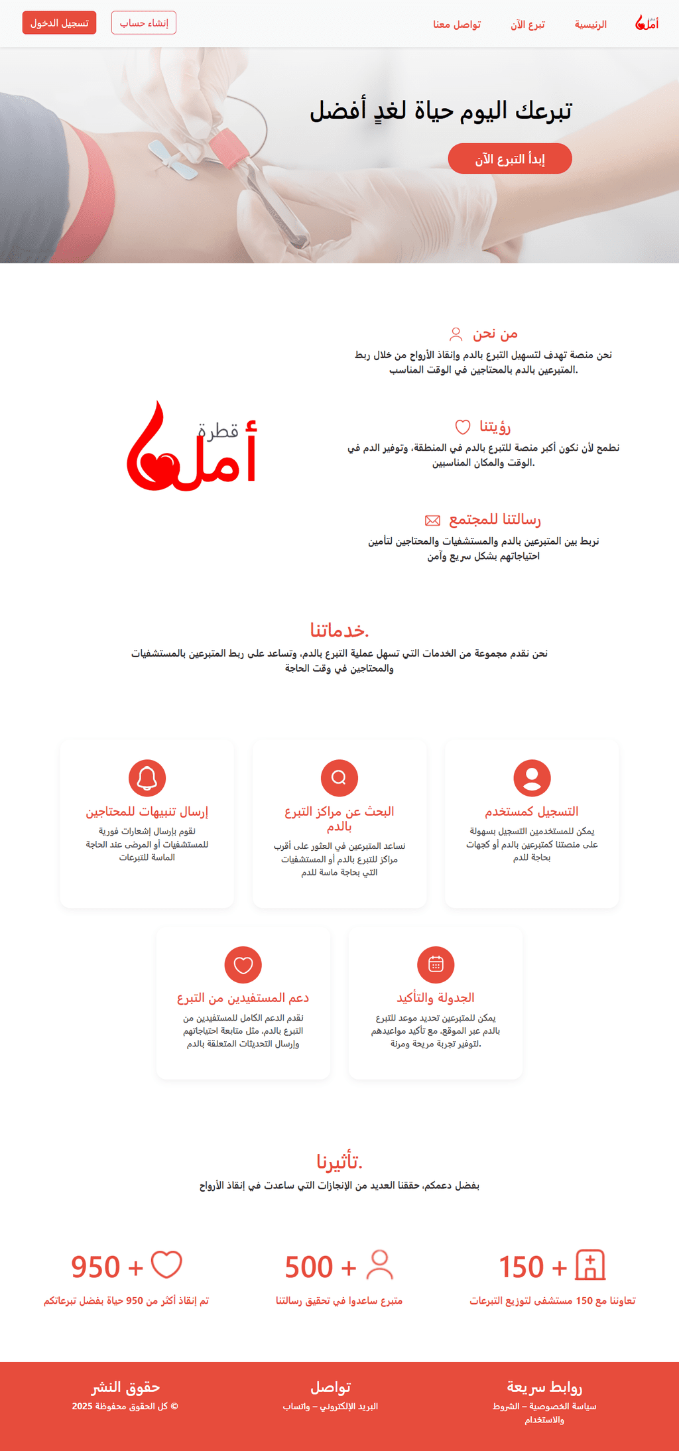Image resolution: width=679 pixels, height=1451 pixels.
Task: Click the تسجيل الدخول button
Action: point(59,23)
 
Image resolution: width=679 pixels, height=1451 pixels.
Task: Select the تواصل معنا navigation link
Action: point(457,25)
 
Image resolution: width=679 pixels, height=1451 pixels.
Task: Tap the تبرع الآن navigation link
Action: point(528,25)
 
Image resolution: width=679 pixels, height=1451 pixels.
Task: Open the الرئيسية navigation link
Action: point(590,25)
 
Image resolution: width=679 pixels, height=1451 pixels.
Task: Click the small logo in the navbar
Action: point(647,23)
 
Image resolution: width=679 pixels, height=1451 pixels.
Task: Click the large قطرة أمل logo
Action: point(192,446)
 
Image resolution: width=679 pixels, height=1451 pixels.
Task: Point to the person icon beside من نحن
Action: point(456,334)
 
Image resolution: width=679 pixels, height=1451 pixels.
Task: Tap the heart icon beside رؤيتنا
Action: point(462,426)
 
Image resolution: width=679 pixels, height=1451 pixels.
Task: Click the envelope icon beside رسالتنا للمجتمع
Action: point(432,520)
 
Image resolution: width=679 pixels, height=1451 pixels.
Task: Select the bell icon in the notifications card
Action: point(147,778)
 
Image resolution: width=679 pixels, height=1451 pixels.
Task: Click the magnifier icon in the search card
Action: point(339,778)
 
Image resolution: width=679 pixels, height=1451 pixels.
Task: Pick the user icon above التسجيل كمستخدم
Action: point(532,778)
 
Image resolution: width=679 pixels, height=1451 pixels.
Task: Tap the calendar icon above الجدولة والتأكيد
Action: point(436,964)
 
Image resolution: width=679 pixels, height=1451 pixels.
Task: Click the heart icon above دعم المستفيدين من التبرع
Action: point(243,964)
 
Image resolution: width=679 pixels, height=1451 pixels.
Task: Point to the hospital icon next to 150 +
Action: point(590,1265)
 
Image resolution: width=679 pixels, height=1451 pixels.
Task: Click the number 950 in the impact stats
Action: point(95,1267)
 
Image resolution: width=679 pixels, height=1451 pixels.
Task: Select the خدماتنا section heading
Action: point(339,629)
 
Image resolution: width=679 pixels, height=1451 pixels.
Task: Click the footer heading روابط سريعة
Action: point(544,1387)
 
